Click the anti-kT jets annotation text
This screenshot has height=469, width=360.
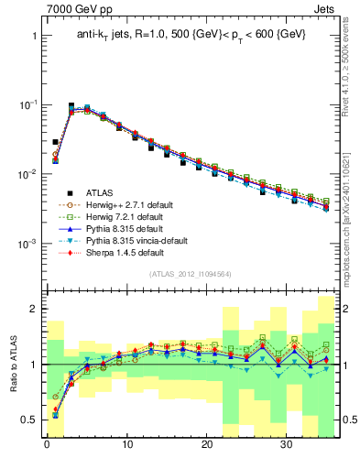click(191, 35)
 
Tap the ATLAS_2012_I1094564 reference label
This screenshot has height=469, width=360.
click(191, 274)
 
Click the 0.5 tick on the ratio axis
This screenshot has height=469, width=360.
click(27, 420)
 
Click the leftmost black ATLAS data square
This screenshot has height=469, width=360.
click(55, 143)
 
